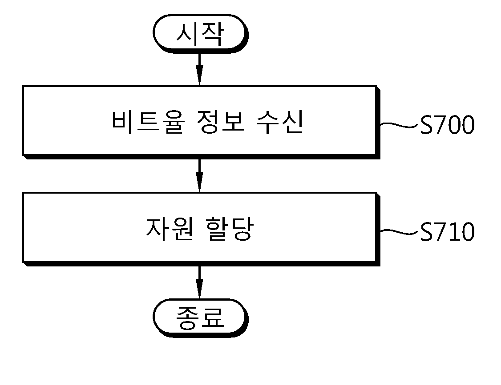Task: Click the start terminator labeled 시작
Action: [200, 33]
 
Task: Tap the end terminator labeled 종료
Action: [200, 318]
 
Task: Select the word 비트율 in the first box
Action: [148, 122]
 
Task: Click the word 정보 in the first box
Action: [220, 122]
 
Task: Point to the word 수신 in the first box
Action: [279, 122]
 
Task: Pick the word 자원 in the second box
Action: [170, 229]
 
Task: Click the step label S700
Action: [447, 125]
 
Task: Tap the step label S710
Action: [447, 231]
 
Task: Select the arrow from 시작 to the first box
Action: [199, 69]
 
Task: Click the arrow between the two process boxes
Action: [199, 176]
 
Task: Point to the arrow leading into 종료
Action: [199, 282]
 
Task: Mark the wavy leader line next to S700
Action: [399, 125]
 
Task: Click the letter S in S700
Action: [426, 125]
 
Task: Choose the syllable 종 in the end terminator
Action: [188, 318]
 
